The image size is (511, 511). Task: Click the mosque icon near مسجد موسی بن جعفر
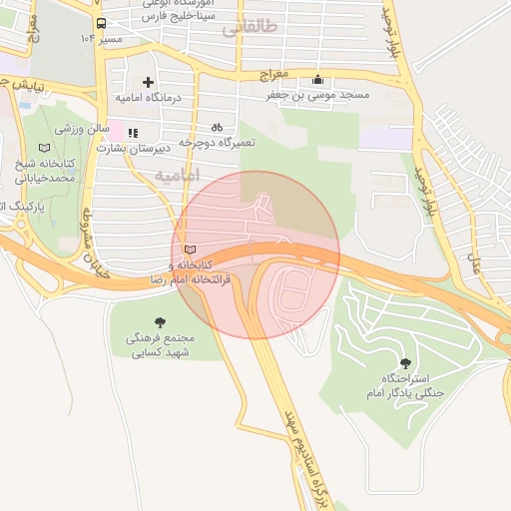point(317,80)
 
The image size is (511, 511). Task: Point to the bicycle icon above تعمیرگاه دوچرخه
point(217,128)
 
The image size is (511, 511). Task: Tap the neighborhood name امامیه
point(177,176)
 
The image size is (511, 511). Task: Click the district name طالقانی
point(244,29)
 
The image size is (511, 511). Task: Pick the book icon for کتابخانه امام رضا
point(191,250)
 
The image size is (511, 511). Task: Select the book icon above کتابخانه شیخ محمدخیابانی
point(41,147)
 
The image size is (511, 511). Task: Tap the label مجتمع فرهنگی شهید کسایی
point(161,346)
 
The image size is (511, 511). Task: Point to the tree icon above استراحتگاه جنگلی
point(404,363)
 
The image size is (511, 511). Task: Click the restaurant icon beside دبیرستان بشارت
point(132,132)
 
